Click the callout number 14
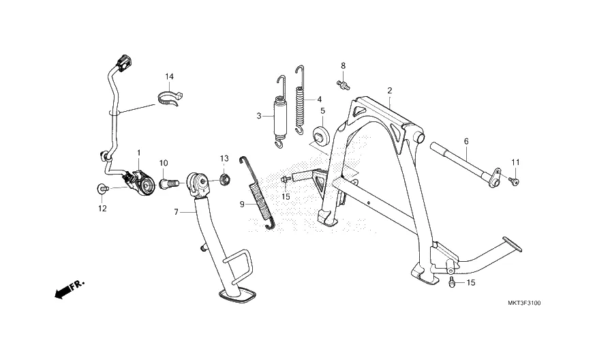click(169, 76)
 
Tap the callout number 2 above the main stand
click(389, 90)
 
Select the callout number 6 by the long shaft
click(466, 141)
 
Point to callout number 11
click(515, 162)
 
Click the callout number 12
click(102, 209)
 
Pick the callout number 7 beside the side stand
click(175, 212)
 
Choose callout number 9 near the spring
click(241, 204)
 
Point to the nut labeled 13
click(224, 180)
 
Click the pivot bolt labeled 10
click(168, 183)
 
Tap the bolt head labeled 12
click(102, 187)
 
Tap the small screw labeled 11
click(515, 182)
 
